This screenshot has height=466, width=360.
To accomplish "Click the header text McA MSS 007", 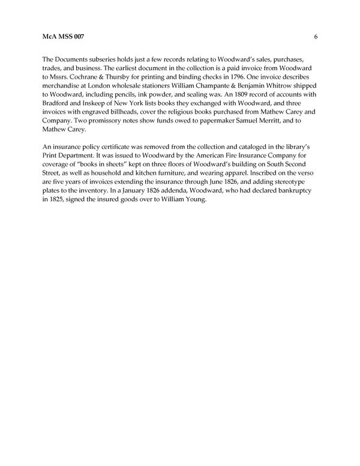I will (64, 37).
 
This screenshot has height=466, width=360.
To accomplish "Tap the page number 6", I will (316, 37).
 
